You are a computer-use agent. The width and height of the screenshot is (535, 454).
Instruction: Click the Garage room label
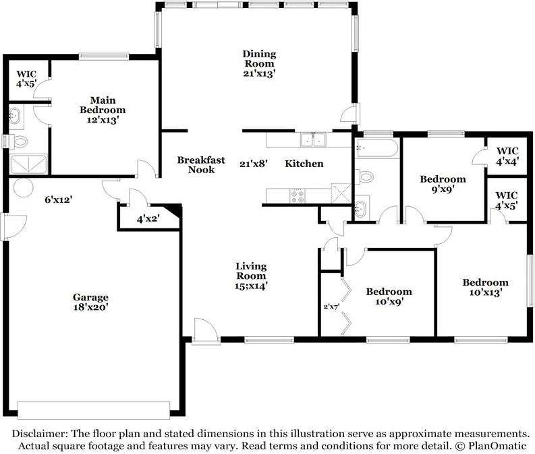point(90,297)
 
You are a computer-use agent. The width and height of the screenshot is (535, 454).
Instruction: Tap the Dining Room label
point(259,59)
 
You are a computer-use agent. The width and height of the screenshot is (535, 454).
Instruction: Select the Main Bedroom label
point(103,105)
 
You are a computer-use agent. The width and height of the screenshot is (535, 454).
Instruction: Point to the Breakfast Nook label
point(201,165)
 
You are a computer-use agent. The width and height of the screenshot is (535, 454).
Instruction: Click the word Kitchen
point(304,164)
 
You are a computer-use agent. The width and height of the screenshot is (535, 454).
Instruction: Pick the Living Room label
point(251,271)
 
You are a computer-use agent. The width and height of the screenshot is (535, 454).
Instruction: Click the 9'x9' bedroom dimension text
point(443,189)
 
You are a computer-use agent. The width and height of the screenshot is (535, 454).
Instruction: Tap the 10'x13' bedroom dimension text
point(486,292)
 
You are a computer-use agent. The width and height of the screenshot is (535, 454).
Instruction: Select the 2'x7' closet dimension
point(331,306)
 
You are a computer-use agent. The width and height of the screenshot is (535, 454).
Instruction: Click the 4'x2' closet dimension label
point(148,219)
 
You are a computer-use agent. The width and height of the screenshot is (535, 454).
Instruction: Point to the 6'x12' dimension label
point(58,199)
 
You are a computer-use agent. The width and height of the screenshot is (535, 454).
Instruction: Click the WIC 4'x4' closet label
point(507,156)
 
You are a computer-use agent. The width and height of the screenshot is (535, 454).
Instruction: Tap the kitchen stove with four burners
point(297,196)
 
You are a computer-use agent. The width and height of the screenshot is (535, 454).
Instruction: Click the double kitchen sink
point(313,140)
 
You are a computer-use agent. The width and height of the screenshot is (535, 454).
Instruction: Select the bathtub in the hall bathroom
point(376,148)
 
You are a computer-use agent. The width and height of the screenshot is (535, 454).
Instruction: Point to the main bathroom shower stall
point(28,164)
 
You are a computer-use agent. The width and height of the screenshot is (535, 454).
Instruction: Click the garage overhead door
point(94,410)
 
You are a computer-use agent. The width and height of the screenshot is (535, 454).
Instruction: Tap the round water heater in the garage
point(23,187)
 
